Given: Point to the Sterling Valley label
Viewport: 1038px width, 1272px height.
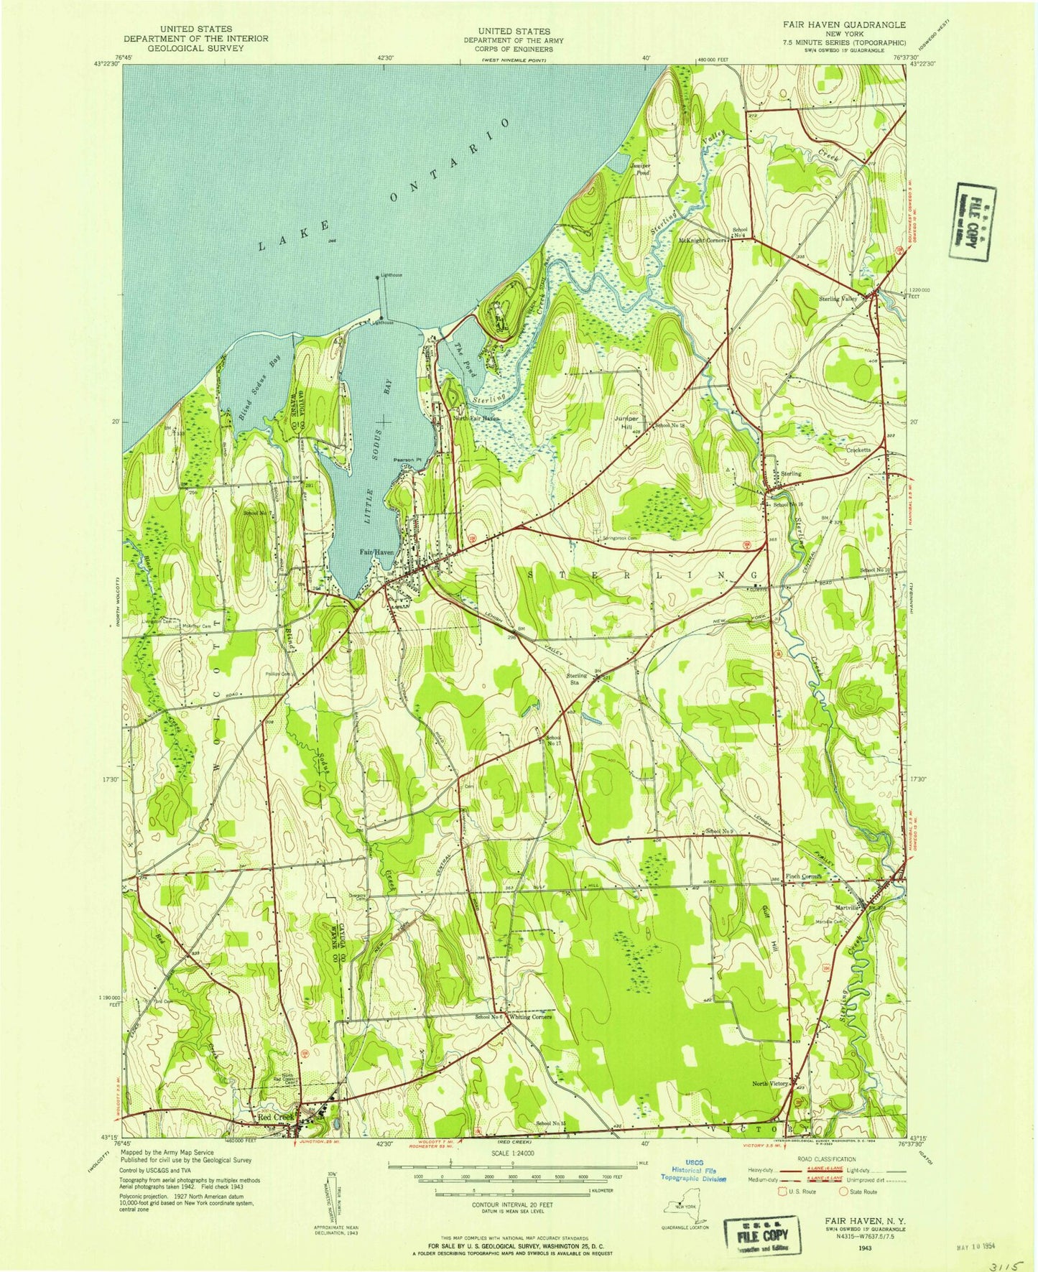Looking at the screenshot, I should point(838,299).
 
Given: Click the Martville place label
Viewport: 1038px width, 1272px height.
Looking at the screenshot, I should point(848,907).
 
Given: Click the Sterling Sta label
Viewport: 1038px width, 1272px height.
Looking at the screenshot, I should point(577,679).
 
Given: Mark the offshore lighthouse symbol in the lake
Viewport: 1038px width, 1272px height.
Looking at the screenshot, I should point(378,277).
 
